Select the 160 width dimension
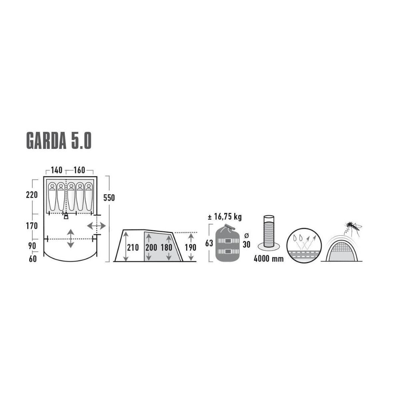(79, 171)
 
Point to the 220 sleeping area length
(32, 195)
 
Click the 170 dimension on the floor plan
(32, 226)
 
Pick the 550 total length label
(109, 198)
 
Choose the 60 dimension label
(32, 259)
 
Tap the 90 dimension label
(32, 246)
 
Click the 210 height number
(133, 248)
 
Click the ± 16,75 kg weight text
(224, 217)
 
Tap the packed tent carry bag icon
(228, 244)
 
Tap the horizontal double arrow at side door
(96, 226)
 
